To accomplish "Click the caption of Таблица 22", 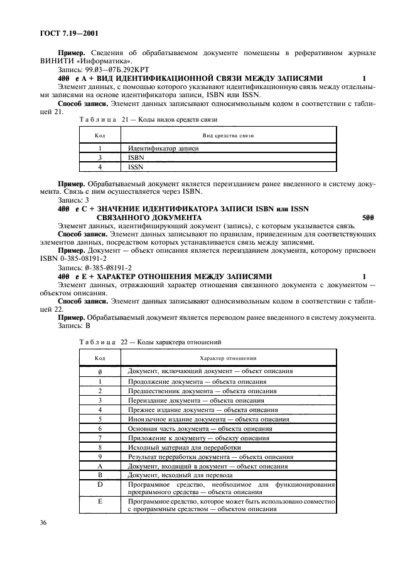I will (149, 342).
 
